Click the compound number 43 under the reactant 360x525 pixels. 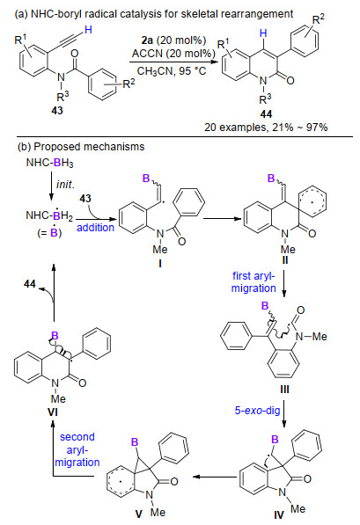57,110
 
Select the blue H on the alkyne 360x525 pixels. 88,30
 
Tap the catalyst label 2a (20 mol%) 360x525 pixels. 173,40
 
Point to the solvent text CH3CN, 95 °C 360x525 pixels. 172,71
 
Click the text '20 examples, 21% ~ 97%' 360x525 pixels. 266,128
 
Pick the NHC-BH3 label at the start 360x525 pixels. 49,163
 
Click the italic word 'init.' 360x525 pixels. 65,184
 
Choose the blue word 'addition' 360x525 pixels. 96,228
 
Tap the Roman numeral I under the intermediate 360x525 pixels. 160,264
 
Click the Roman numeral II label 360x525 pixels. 285,259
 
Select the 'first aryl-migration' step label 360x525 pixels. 253,282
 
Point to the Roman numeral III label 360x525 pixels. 284,389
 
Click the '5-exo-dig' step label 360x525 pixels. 257,411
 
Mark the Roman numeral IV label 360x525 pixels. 279,514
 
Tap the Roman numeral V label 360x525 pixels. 139,514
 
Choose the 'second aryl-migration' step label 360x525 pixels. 77,449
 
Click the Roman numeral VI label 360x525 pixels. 53,412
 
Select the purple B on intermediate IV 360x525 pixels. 275,440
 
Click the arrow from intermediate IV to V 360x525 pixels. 214,477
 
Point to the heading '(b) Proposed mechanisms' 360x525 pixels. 81,147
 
